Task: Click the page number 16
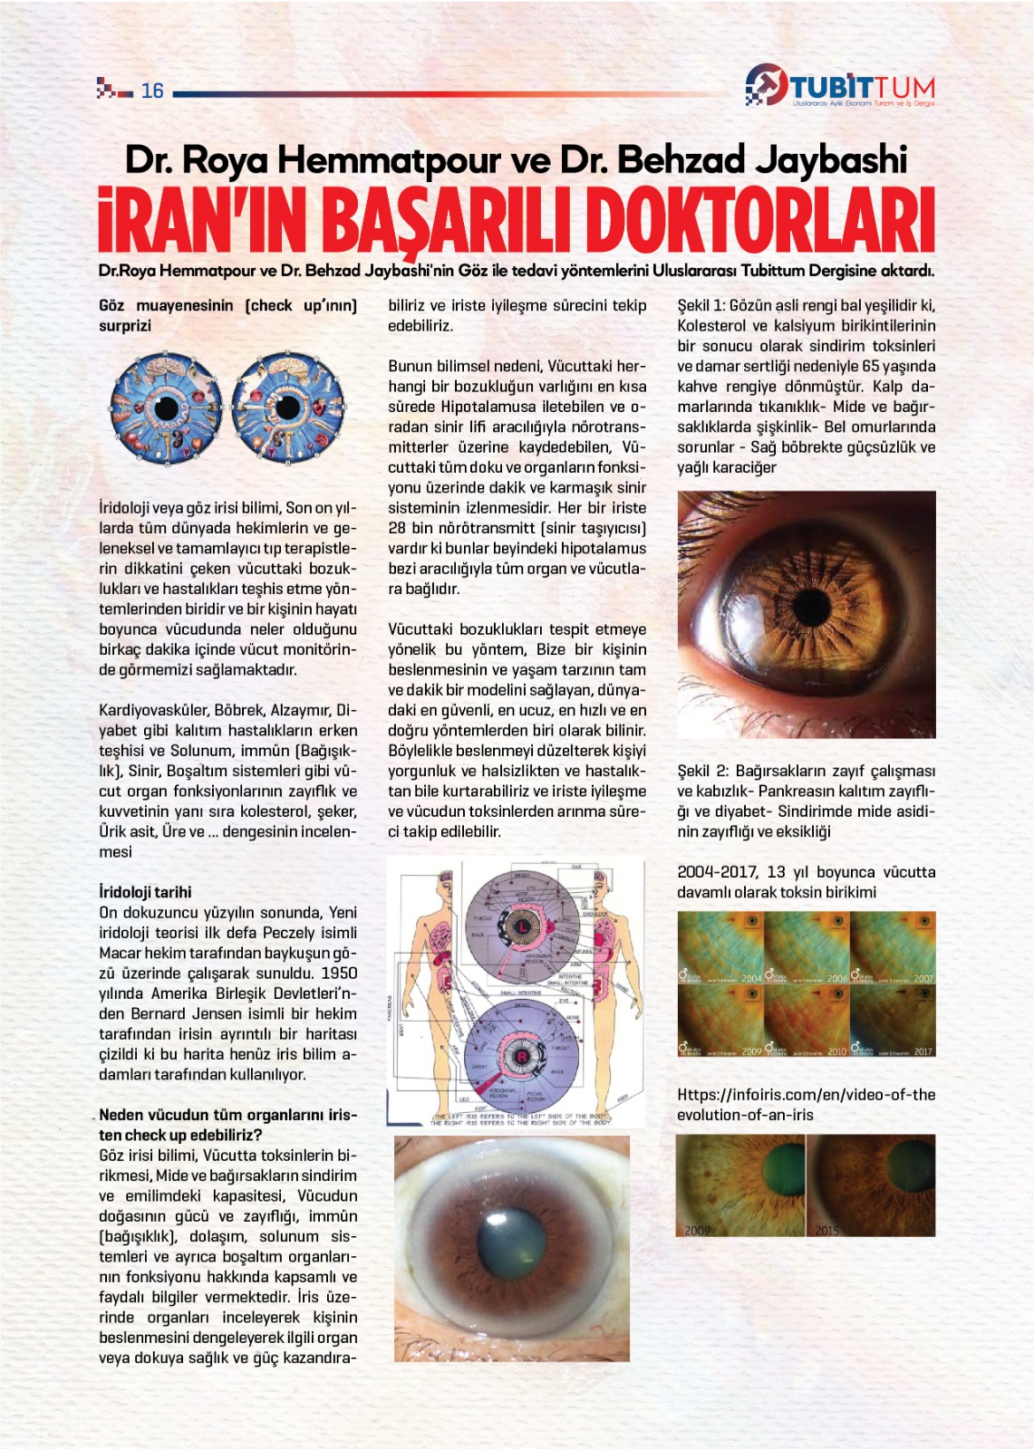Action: coord(152,91)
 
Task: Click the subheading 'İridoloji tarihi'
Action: coord(145,892)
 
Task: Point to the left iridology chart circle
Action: coord(166,409)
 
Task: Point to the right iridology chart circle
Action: coord(287,409)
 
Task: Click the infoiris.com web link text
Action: coord(806,1104)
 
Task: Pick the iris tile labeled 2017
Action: coord(893,1021)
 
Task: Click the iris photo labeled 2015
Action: coord(871,1185)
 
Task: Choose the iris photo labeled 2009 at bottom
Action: coord(740,1185)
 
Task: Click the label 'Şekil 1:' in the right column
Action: coord(701,306)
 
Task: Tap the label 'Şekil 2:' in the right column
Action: coord(702,772)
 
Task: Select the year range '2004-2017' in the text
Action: coord(717,872)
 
